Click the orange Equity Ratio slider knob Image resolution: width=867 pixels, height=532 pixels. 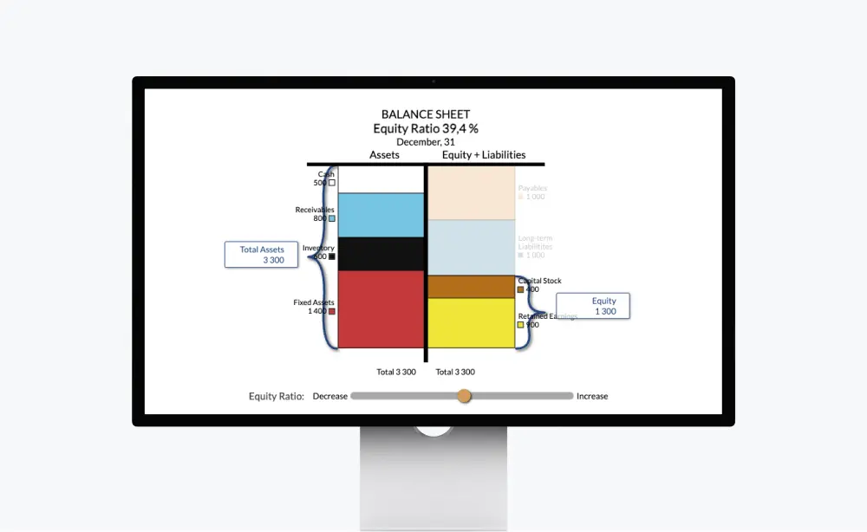click(x=464, y=396)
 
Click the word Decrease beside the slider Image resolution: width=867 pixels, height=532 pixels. click(x=329, y=396)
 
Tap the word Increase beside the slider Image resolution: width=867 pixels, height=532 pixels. click(x=592, y=396)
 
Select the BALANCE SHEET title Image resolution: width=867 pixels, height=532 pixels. click(x=426, y=114)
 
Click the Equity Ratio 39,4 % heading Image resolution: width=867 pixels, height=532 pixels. click(x=426, y=128)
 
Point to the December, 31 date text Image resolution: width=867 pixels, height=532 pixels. click(x=426, y=141)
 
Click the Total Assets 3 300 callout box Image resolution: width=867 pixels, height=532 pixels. click(x=261, y=254)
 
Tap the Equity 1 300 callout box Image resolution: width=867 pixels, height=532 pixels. click(x=593, y=306)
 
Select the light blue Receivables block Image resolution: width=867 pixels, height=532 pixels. click(x=381, y=215)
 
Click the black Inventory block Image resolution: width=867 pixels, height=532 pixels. click(x=381, y=254)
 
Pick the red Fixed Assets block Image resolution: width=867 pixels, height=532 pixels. click(x=381, y=309)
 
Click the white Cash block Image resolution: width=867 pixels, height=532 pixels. click(x=381, y=179)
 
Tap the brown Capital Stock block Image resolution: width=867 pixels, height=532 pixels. click(x=472, y=287)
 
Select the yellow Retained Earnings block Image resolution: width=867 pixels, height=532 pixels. click(x=472, y=323)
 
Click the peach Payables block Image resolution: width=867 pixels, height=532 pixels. click(x=472, y=192)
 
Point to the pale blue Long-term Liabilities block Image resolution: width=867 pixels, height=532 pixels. click(x=472, y=248)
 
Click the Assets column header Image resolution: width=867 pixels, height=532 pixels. click(x=384, y=155)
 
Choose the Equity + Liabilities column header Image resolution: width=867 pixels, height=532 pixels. click(x=484, y=155)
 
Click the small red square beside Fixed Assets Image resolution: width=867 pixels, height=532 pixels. click(x=331, y=311)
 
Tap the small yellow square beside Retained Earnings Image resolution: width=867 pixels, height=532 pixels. click(x=521, y=325)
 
